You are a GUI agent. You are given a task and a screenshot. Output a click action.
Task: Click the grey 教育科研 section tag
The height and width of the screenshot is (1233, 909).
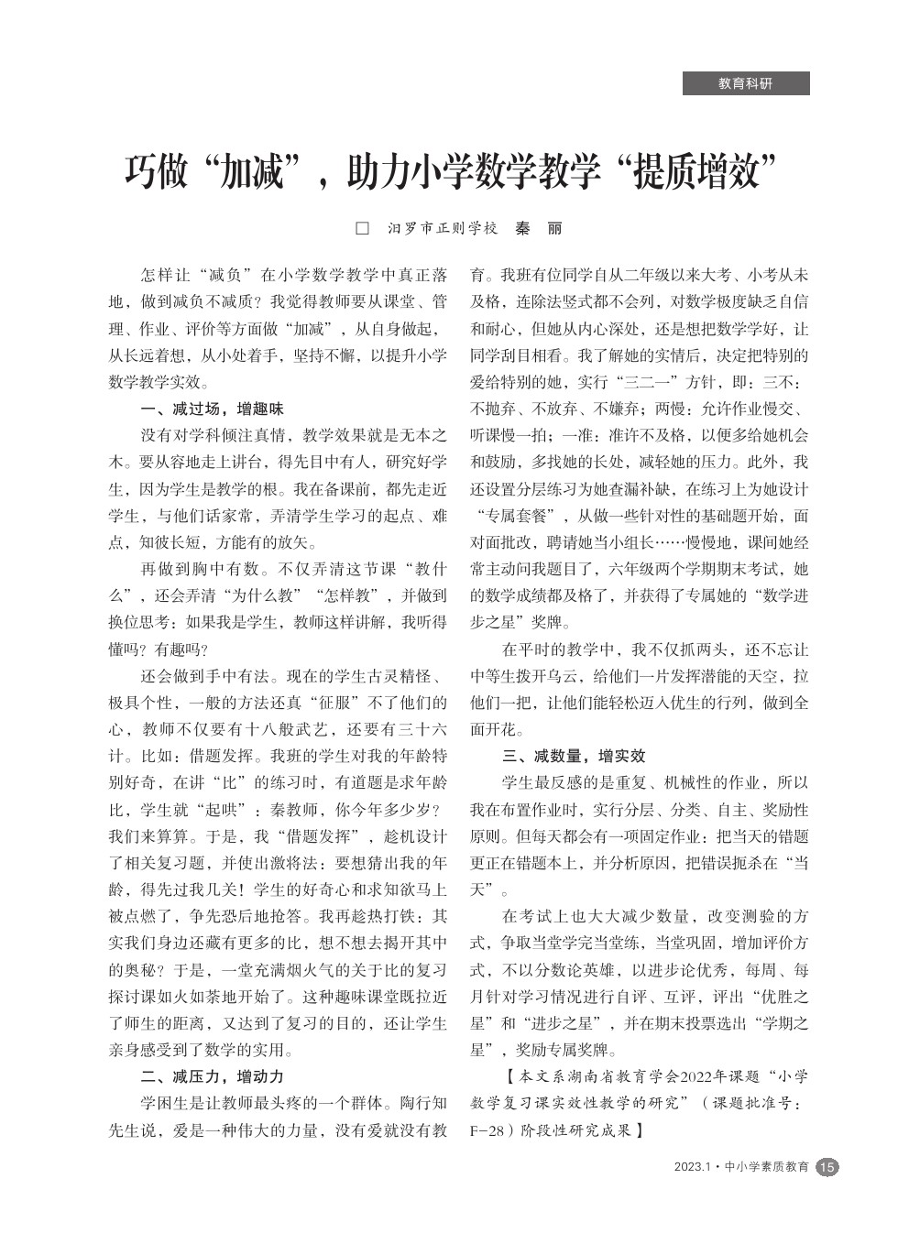[745, 83]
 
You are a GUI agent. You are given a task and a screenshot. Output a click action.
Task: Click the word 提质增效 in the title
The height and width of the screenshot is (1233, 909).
[696, 171]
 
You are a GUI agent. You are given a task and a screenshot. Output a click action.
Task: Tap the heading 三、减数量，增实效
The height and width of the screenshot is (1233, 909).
[574, 756]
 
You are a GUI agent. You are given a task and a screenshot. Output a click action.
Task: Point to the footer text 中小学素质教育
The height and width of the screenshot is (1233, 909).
[766, 1167]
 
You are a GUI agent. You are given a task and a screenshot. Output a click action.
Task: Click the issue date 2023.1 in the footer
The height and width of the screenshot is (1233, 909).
[693, 1167]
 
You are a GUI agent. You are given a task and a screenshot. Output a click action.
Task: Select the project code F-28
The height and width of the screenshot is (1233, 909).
[488, 1130]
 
